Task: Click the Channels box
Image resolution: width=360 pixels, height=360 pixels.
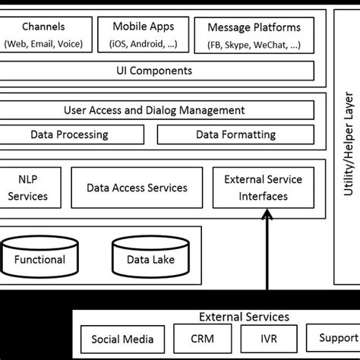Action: pyautogui.click(x=44, y=34)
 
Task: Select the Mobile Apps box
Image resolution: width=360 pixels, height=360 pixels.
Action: pyautogui.click(x=144, y=34)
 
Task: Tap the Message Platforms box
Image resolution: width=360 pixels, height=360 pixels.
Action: pyautogui.click(x=254, y=34)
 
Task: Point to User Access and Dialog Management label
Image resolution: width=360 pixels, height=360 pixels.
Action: pyautogui.click(x=154, y=111)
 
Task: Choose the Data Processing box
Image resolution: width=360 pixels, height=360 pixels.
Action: pyautogui.click(x=69, y=135)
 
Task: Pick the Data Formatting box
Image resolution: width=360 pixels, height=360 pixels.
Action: pyautogui.click(x=235, y=135)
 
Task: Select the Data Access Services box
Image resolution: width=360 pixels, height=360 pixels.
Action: pyautogui.click(x=137, y=188)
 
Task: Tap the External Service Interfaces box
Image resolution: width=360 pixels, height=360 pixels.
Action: pyautogui.click(x=263, y=188)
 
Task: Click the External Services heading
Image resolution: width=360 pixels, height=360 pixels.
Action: pyautogui.click(x=243, y=317)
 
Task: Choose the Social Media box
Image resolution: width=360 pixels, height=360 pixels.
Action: pyautogui.click(x=122, y=339)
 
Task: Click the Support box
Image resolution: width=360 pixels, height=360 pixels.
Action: pyautogui.click(x=333, y=339)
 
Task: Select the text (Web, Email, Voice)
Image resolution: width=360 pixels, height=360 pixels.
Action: pyautogui.click(x=44, y=43)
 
